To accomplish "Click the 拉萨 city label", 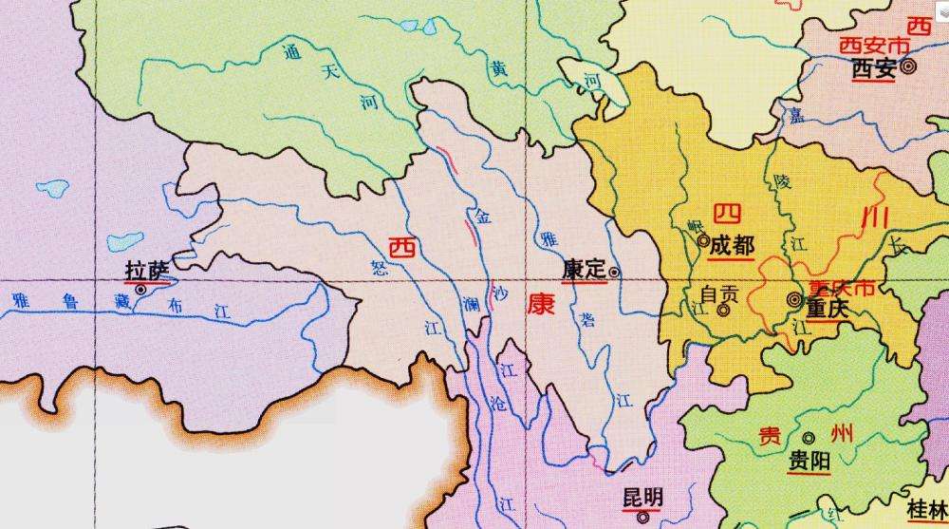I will pos(147,271).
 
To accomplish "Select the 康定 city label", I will pos(583,270).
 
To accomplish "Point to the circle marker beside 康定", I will pos(615,272).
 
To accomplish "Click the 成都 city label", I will pos(731,244).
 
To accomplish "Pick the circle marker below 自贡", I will pos(723,310).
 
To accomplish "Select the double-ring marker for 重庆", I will pos(794,300).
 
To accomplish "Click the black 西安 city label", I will pos(874,68).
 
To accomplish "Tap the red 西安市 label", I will pos(869,46).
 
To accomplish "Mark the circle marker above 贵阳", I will pos(809,438).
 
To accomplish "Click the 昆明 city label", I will pos(642,498).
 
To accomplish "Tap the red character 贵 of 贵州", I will pos(769,436).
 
